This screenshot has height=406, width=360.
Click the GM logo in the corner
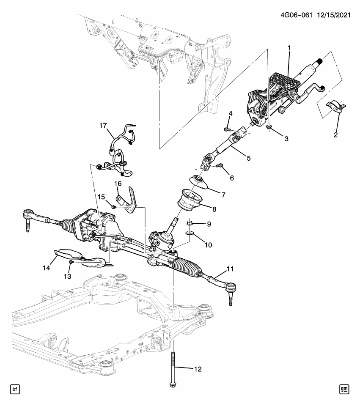(344, 389)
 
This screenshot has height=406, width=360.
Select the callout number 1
(289, 49)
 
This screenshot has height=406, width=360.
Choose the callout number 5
(248, 158)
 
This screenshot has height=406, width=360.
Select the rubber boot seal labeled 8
(190, 200)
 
